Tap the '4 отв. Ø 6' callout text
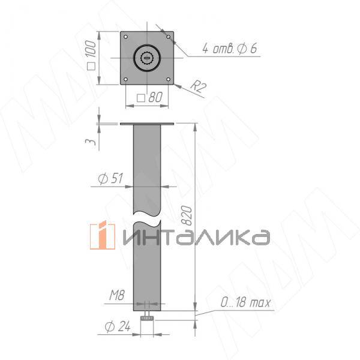pyautogui.click(x=229, y=49)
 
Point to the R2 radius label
pyautogui.click(x=198, y=87)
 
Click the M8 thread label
pyautogui.click(x=116, y=295)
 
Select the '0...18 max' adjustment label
pyautogui.click(x=246, y=304)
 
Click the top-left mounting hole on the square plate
pyautogui.click(x=126, y=37)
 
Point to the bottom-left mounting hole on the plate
pyautogui.click(x=126, y=79)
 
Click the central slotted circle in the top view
pyautogui.click(x=147, y=58)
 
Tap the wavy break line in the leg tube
pyautogui.click(x=147, y=216)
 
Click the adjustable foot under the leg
pyautogui.click(x=147, y=320)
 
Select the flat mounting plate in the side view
pyautogui.click(x=147, y=124)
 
